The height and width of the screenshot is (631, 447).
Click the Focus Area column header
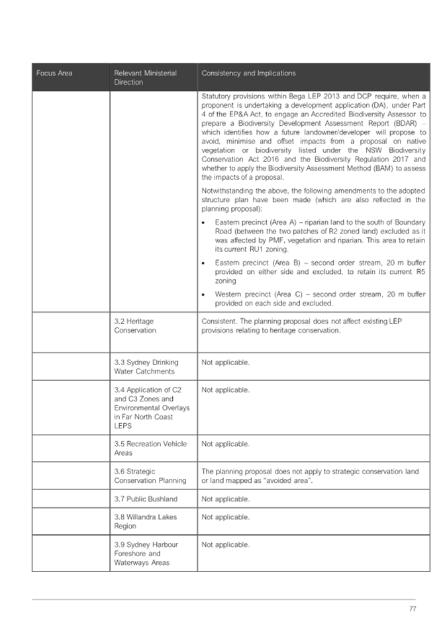point(54,73)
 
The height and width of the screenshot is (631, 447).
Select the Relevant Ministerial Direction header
point(145,77)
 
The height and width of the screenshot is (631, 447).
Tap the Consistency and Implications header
point(248,73)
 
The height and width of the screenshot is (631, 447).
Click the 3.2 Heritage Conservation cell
point(135,325)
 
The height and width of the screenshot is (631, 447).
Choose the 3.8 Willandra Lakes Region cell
point(145,521)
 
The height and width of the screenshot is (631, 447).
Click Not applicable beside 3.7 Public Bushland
point(225,499)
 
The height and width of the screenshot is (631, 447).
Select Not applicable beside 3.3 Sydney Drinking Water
point(225,362)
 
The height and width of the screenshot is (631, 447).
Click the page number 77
point(413,609)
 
